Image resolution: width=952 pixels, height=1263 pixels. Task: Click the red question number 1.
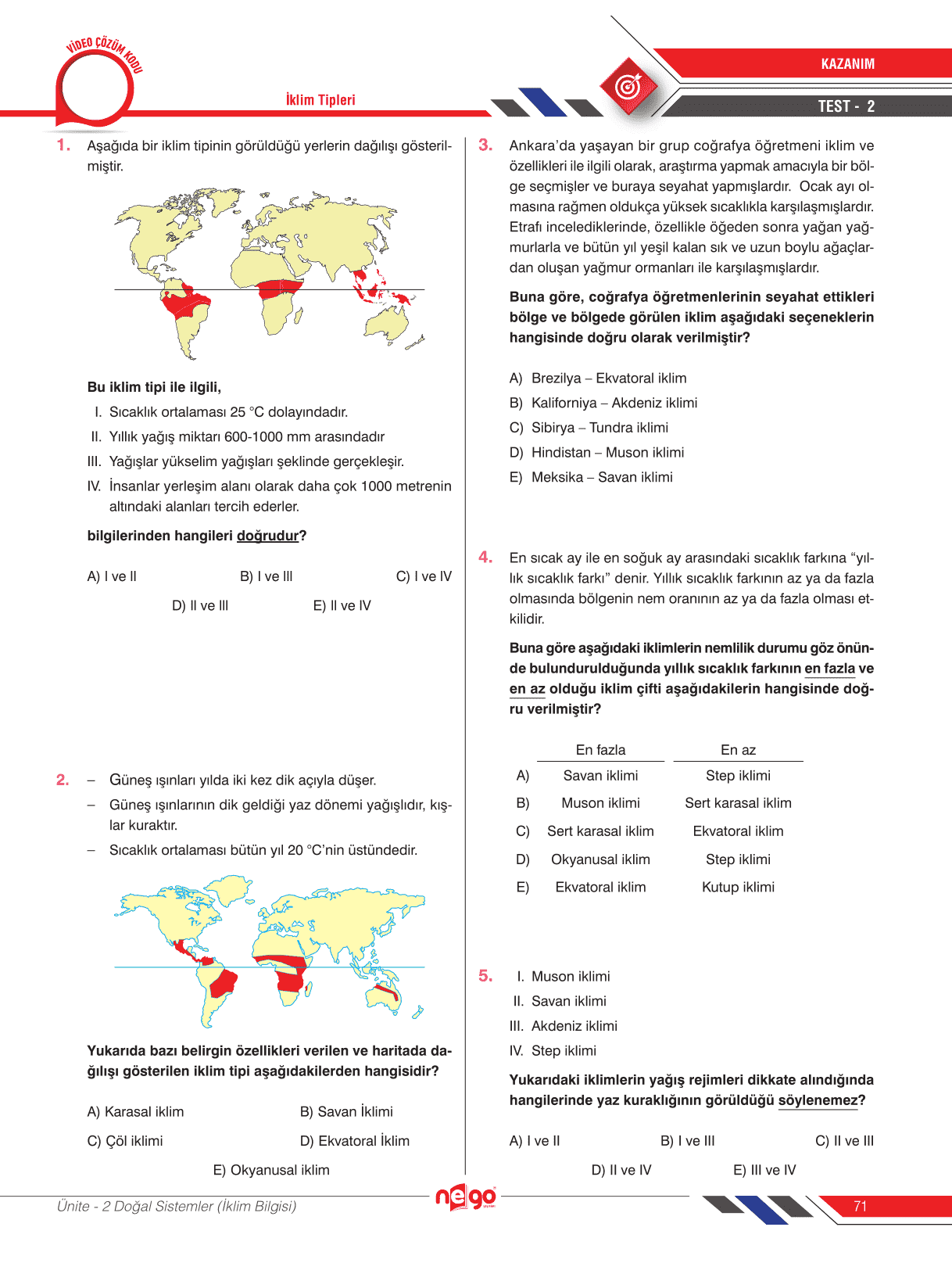[63, 145]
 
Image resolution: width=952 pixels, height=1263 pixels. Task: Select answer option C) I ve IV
[424, 576]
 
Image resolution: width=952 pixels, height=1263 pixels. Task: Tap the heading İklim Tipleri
[320, 100]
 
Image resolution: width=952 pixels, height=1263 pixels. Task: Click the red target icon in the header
[628, 87]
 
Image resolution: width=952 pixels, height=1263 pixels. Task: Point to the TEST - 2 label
[846, 106]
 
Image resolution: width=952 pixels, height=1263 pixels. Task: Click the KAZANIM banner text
[847, 64]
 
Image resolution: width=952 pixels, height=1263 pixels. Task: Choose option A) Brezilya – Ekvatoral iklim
[598, 379]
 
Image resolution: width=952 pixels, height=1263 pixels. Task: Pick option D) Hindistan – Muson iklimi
[596, 453]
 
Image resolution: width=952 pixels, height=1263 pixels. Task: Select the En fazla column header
[600, 750]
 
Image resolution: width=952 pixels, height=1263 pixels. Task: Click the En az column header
[738, 750]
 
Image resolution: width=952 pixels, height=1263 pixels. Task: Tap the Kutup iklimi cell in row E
[738, 888]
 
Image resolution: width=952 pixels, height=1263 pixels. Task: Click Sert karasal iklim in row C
[600, 831]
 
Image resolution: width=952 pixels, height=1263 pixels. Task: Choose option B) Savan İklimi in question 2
[346, 1112]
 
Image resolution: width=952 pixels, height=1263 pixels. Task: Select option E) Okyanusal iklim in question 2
[271, 1171]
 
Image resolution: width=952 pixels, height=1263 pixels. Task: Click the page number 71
[861, 1207]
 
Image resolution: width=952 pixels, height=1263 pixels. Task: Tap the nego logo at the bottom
[465, 1197]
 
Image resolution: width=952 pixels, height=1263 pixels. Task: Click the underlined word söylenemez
[818, 1101]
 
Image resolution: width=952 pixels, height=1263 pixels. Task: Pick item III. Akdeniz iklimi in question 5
[564, 1026]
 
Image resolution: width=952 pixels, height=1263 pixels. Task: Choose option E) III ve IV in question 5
[764, 1171]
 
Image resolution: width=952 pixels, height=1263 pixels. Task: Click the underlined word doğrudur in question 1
[267, 536]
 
